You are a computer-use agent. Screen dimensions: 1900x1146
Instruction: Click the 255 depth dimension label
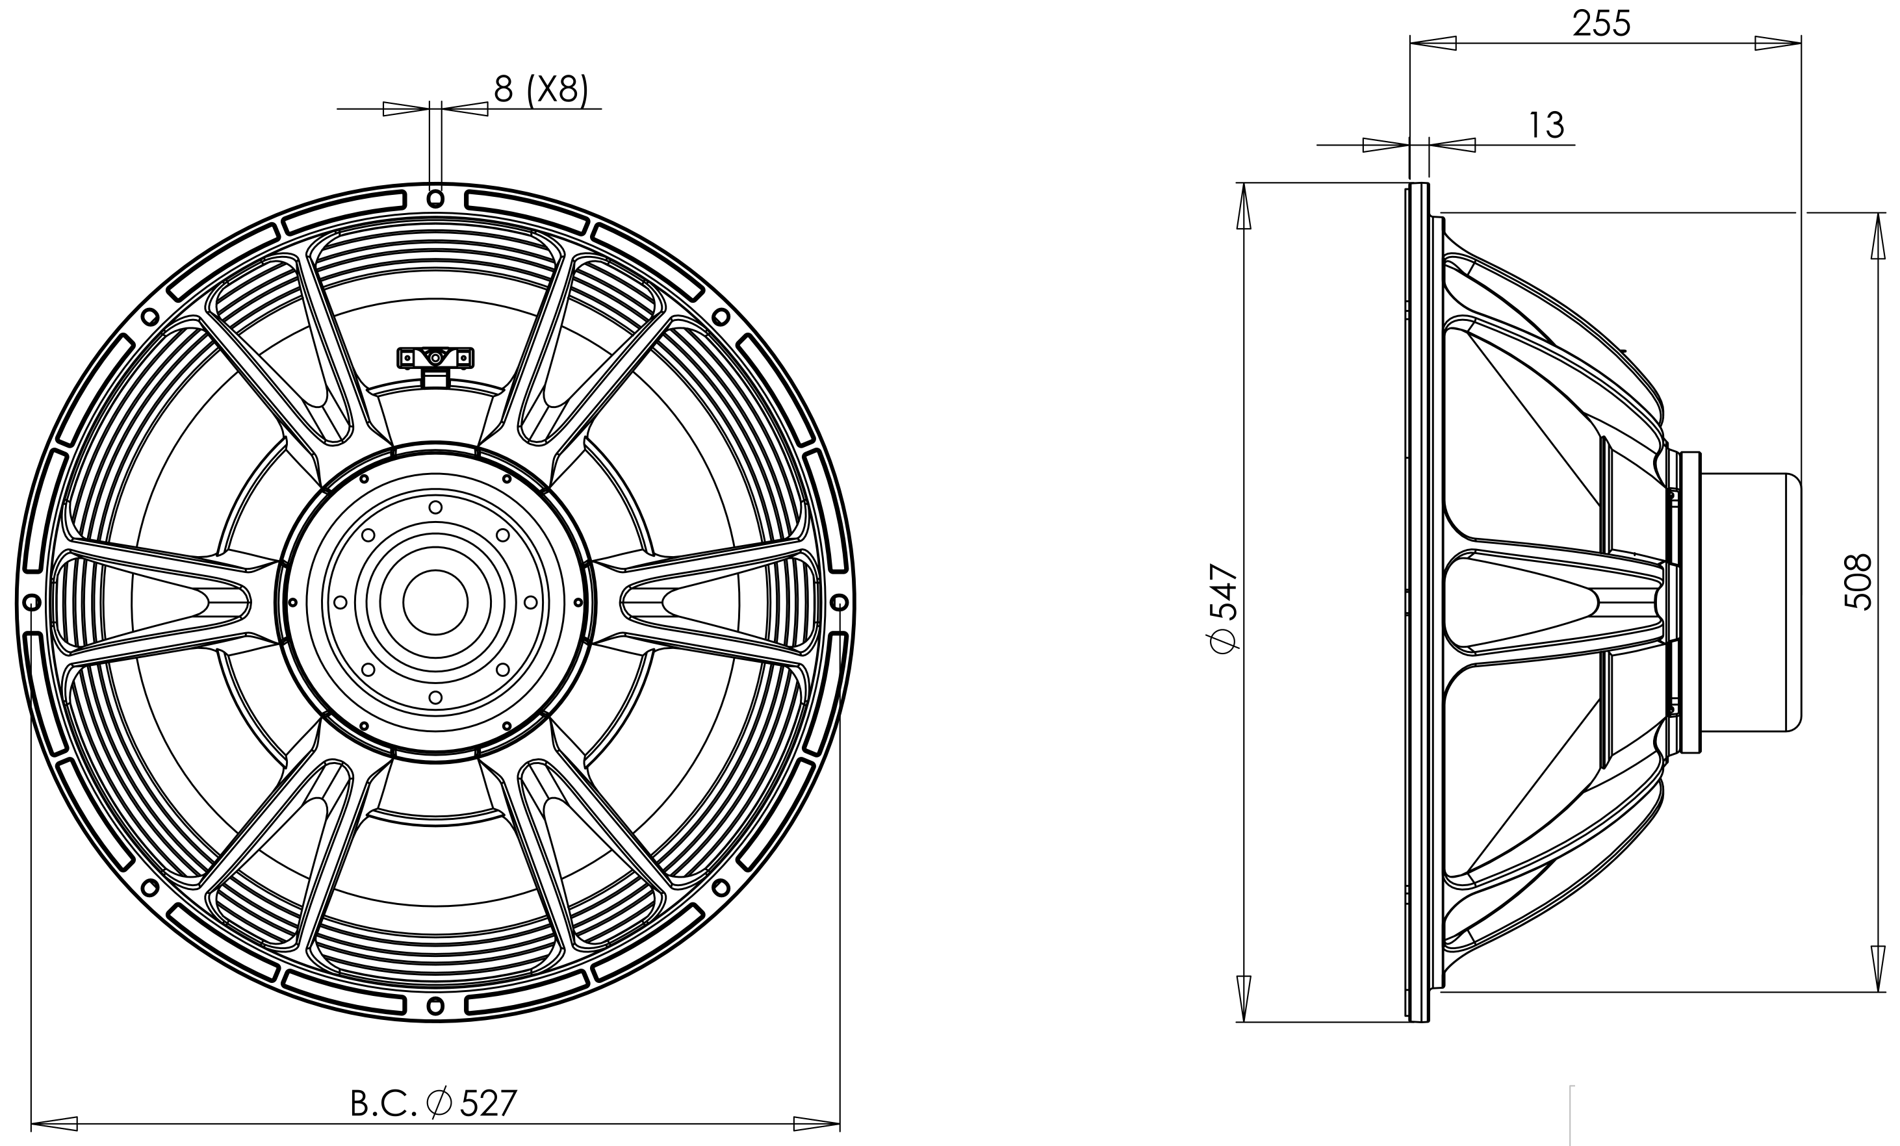click(1602, 23)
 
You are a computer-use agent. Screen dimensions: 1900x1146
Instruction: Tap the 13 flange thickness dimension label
click(1546, 125)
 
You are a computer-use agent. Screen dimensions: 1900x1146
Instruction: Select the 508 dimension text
click(1859, 581)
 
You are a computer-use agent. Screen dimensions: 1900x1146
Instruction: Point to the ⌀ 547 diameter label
click(1224, 609)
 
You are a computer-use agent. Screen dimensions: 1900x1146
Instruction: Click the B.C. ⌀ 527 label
click(433, 1104)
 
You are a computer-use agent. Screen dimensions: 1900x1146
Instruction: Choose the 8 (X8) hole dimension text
click(541, 90)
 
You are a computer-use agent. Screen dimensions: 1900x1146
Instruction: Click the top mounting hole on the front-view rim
click(435, 199)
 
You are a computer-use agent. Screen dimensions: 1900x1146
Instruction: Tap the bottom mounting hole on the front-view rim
click(435, 1006)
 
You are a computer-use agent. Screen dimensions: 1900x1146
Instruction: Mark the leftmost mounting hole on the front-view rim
click(32, 602)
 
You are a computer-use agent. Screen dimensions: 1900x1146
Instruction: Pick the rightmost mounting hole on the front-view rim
click(839, 602)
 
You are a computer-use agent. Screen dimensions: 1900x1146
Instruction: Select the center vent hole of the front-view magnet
click(435, 602)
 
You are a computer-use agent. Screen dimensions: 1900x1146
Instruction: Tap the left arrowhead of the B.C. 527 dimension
click(54, 1124)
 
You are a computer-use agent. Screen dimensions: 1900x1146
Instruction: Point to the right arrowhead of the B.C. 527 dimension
click(817, 1124)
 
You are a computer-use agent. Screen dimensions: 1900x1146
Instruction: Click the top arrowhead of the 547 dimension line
click(1244, 206)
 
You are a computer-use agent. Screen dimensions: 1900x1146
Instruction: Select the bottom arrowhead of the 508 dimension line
click(1876, 969)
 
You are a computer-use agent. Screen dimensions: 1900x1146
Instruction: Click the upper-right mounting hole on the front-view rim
click(721, 317)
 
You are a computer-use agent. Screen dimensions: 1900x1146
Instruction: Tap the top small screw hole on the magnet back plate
click(435, 507)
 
